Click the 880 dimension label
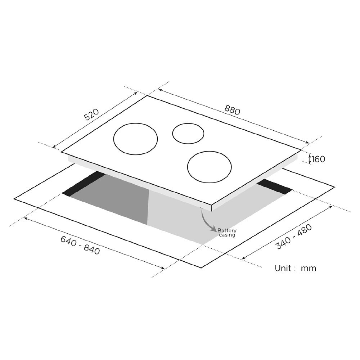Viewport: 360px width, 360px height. tap(232, 110)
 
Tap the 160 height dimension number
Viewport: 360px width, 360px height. tap(319, 159)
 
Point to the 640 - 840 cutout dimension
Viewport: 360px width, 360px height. tap(80, 245)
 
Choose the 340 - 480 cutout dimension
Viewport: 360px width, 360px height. tap(294, 237)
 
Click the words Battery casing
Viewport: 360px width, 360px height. tap(227, 233)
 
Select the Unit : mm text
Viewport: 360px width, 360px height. tap(296, 268)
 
